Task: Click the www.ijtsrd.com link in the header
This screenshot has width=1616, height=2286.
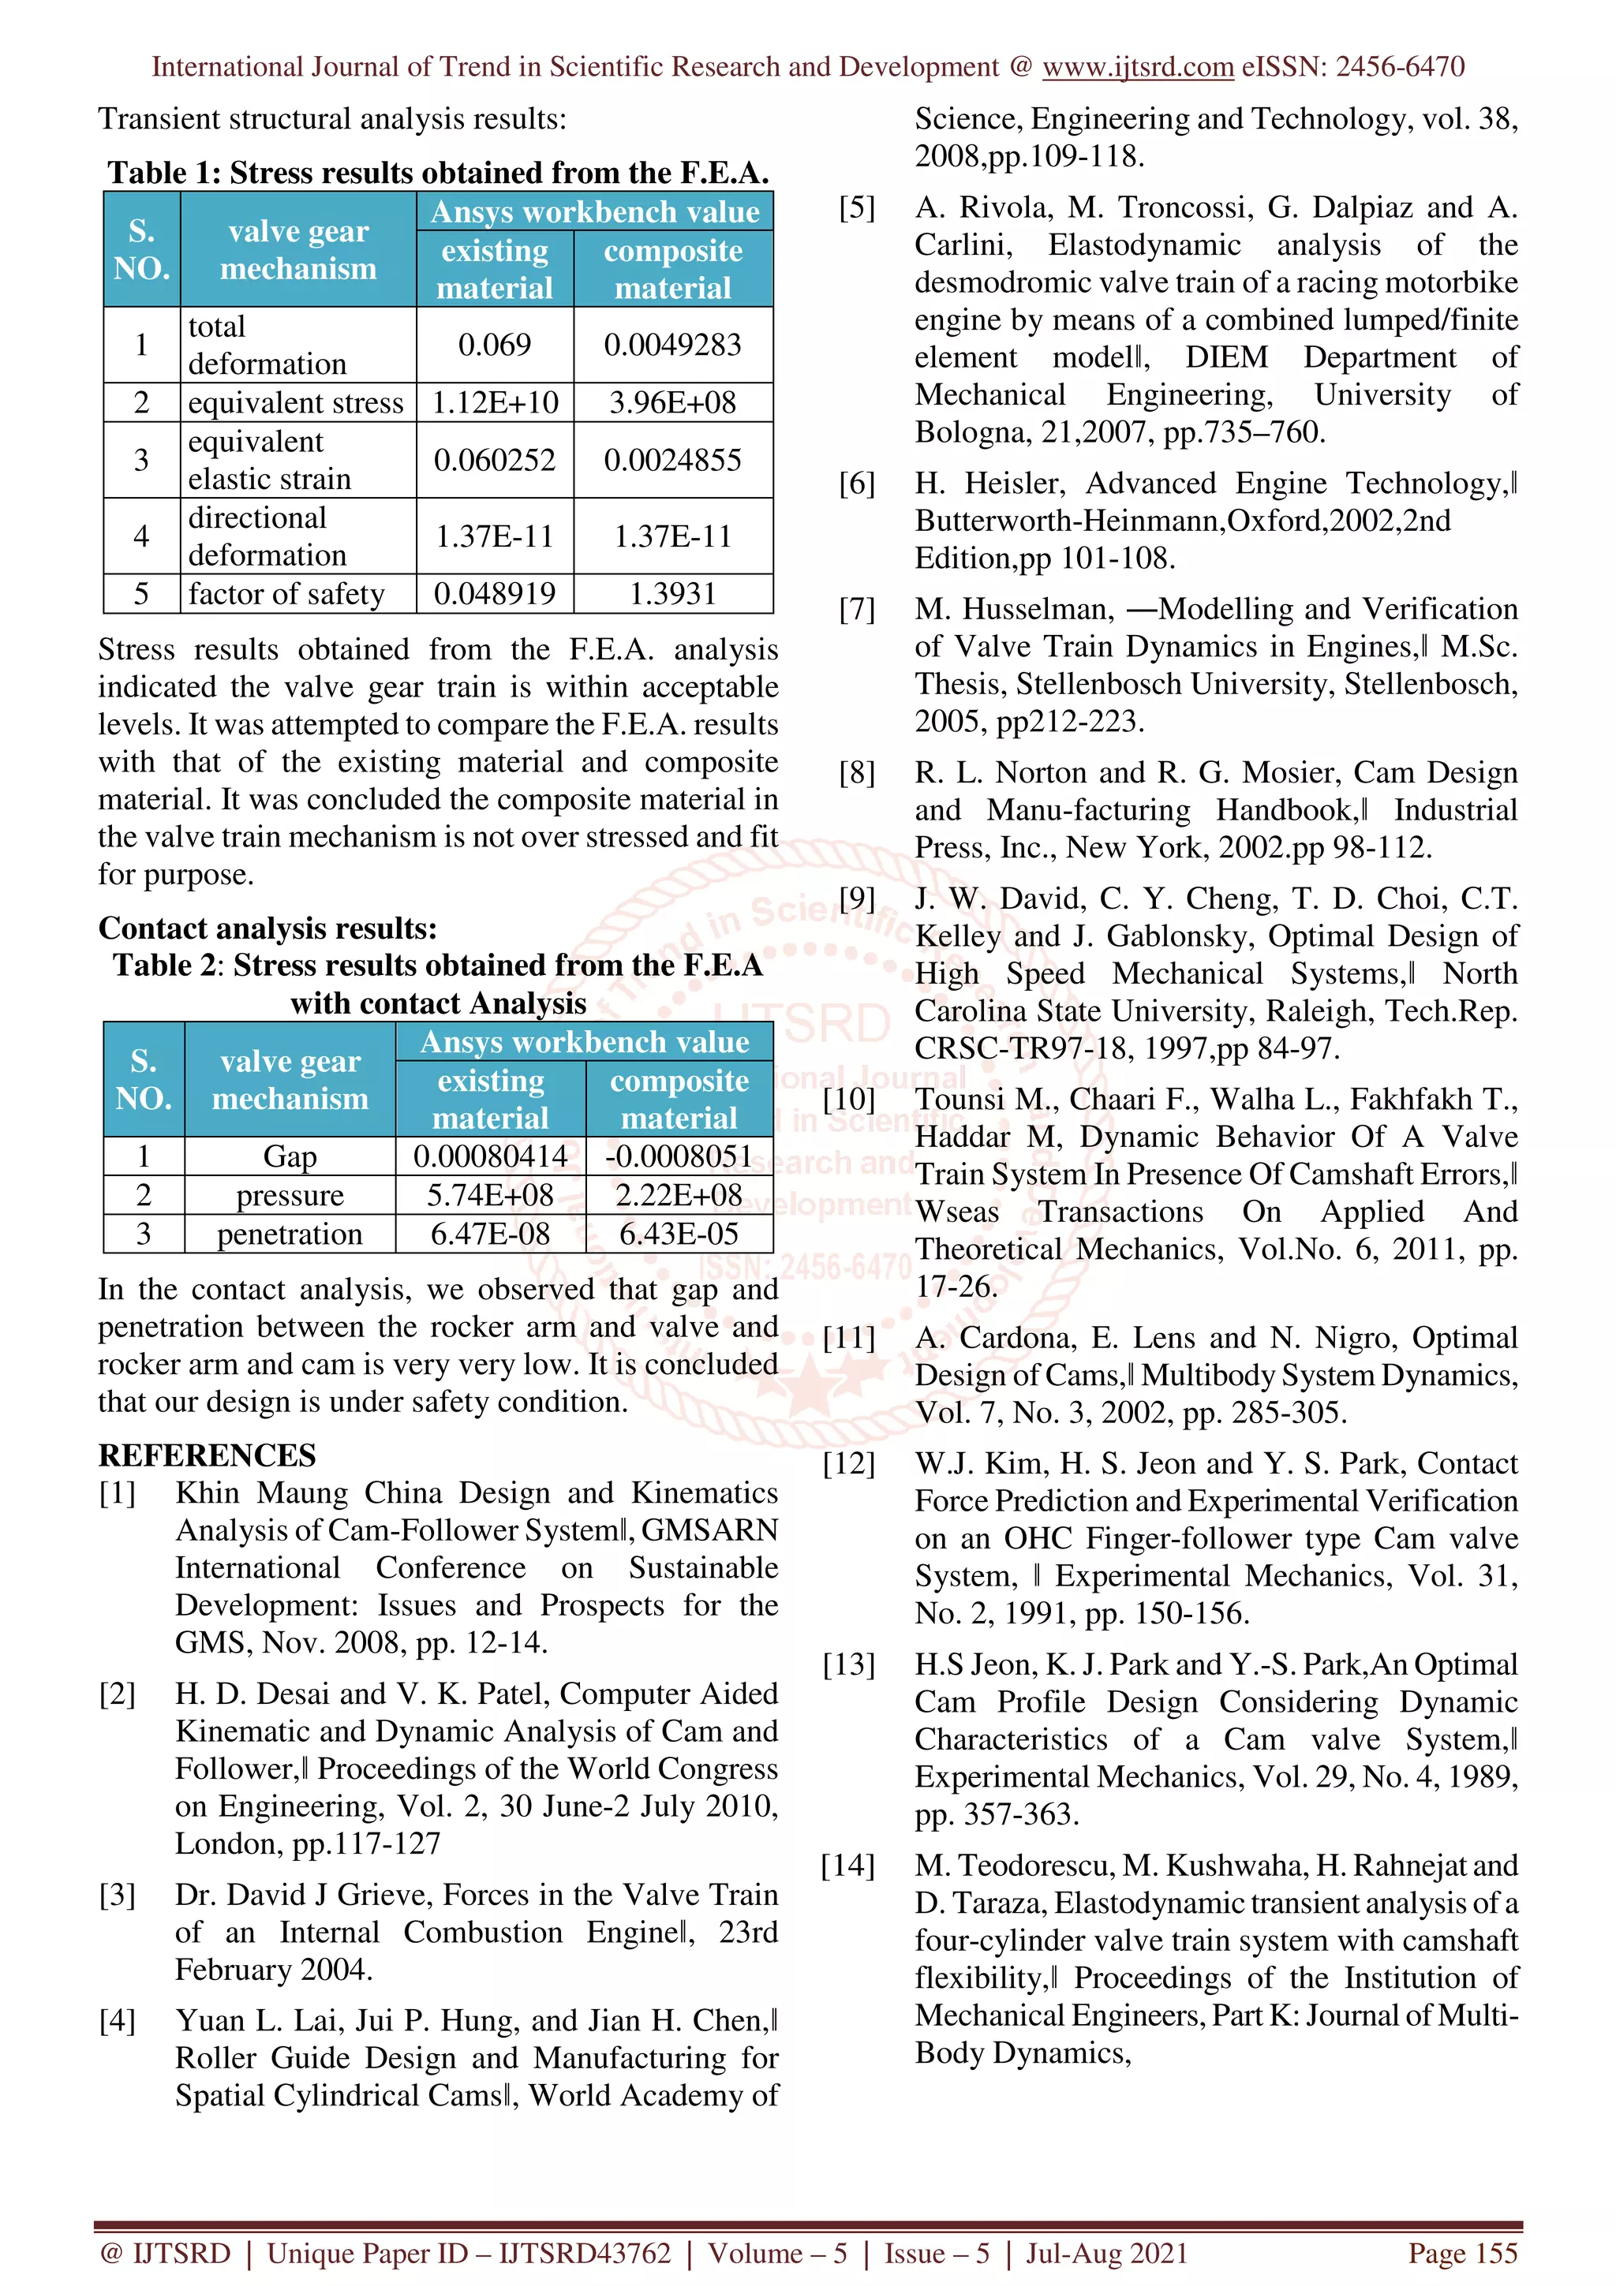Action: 1137,67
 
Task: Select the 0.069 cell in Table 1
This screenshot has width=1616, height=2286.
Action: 494,345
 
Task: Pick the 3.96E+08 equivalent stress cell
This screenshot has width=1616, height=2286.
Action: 672,402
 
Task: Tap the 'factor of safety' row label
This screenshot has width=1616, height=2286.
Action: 286,593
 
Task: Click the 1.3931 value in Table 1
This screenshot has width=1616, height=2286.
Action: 672,593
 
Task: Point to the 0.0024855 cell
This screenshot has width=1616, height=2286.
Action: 672,460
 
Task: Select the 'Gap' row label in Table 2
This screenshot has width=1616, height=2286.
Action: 290,1156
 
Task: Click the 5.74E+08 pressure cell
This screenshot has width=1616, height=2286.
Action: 490,1195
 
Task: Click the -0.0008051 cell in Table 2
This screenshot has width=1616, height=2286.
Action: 680,1156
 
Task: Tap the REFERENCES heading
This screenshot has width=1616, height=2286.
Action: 207,1455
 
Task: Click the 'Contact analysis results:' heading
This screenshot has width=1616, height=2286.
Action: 267,928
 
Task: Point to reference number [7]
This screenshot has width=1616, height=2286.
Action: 856,609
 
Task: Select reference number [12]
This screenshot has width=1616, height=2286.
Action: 848,1463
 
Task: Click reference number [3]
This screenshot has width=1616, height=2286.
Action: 117,1894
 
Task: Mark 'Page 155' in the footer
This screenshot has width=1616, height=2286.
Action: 1461,2253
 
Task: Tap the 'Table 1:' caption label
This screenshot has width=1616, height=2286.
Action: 163,174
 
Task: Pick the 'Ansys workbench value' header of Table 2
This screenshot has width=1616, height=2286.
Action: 585,1041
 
